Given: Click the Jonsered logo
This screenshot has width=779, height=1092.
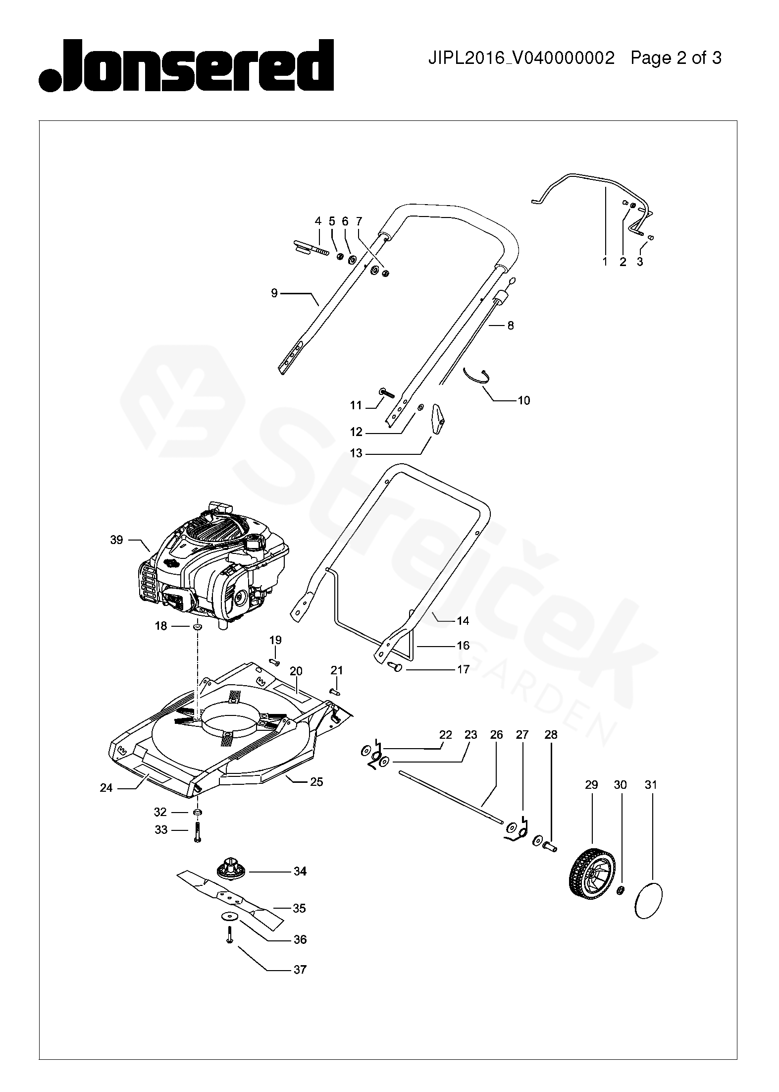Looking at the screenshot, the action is [186, 66].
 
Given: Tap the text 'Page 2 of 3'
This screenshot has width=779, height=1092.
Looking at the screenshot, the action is [675, 58].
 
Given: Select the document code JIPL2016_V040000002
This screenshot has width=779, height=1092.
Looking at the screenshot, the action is [521, 58].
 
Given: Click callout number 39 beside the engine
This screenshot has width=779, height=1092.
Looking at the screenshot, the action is [116, 540].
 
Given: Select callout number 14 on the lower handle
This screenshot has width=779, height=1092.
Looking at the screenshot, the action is [463, 620].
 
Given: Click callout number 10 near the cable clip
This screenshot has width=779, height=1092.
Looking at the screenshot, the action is [523, 400].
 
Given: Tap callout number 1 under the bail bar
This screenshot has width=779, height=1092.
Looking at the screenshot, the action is [605, 262].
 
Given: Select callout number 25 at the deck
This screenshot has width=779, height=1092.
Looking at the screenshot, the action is [316, 782].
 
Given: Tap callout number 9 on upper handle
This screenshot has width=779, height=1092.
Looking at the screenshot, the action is [274, 293].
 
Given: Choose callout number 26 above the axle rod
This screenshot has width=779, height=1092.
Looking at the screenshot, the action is [496, 735].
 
